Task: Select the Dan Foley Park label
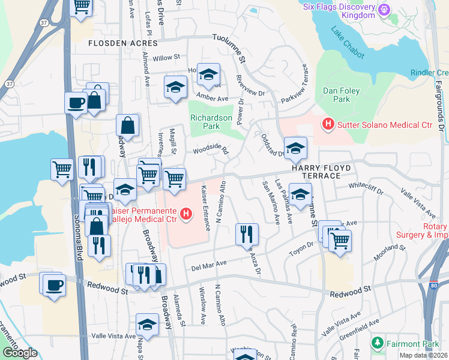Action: click(337, 94)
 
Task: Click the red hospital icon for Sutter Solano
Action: click(328, 125)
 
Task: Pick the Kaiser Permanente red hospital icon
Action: click(186, 213)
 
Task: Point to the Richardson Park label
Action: click(211, 122)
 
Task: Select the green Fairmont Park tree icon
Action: click(377, 344)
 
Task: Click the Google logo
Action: click(19, 353)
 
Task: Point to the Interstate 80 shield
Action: click(433, 287)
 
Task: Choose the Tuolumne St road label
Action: click(230, 47)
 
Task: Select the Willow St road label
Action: click(166, 58)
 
